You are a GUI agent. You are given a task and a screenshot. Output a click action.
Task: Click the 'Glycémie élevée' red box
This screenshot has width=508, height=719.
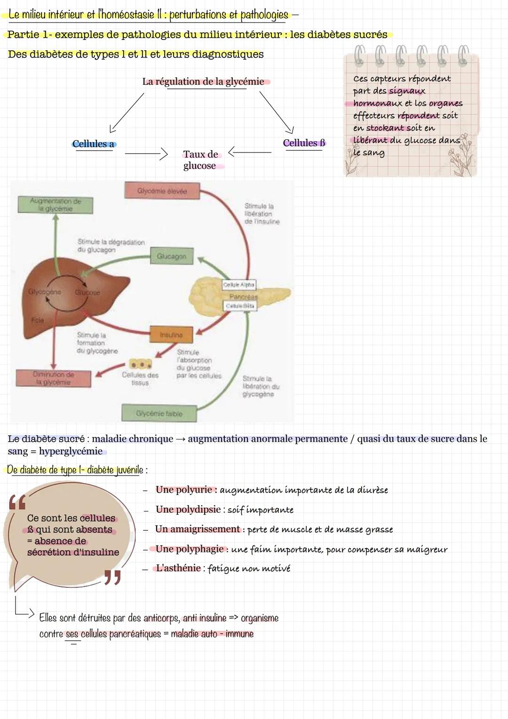162,191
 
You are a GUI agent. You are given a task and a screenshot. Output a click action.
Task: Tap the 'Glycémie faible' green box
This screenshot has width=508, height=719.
159,413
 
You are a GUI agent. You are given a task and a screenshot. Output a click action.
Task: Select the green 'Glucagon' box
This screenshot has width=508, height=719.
172,256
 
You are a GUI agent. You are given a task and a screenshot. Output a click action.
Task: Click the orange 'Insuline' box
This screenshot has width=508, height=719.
171,335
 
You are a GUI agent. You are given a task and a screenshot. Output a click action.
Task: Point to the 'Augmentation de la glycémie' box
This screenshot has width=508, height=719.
55,205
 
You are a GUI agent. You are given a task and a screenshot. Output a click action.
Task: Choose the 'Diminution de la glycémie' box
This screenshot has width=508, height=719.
53,378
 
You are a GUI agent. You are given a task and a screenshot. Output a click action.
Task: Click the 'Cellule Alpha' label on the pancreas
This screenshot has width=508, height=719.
239,285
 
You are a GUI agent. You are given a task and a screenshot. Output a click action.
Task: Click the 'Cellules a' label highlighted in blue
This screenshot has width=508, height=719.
94,144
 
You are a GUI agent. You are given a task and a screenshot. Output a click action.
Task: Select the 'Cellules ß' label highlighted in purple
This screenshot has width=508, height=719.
304,143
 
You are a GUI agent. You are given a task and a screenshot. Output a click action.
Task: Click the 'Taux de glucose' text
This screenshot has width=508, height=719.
200,160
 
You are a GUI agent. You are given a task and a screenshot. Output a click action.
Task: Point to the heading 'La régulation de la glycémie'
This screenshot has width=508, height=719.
203,81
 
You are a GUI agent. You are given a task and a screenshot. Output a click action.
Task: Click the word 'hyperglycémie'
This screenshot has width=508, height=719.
71,451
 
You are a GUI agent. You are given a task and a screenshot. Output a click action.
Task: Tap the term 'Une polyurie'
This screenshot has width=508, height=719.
184,489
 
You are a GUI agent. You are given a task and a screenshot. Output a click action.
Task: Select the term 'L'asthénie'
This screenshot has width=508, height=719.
178,568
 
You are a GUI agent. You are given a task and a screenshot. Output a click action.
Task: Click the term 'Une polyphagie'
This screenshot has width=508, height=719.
190,549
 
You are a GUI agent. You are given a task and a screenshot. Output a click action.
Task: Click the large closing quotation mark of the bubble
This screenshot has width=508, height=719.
112,577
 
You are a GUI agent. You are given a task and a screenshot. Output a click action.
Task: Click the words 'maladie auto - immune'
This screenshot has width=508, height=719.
212,634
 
